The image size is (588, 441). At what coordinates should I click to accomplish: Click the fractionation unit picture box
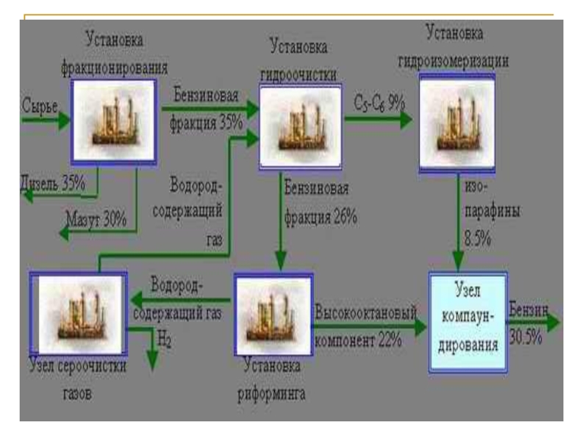[113, 120]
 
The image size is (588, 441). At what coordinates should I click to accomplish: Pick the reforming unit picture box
[273, 315]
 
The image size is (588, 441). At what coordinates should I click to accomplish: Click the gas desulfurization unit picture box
[77, 315]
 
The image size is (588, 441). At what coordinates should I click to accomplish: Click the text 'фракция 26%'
[321, 217]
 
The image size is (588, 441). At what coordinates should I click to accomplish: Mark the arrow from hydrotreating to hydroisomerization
[379, 117]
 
